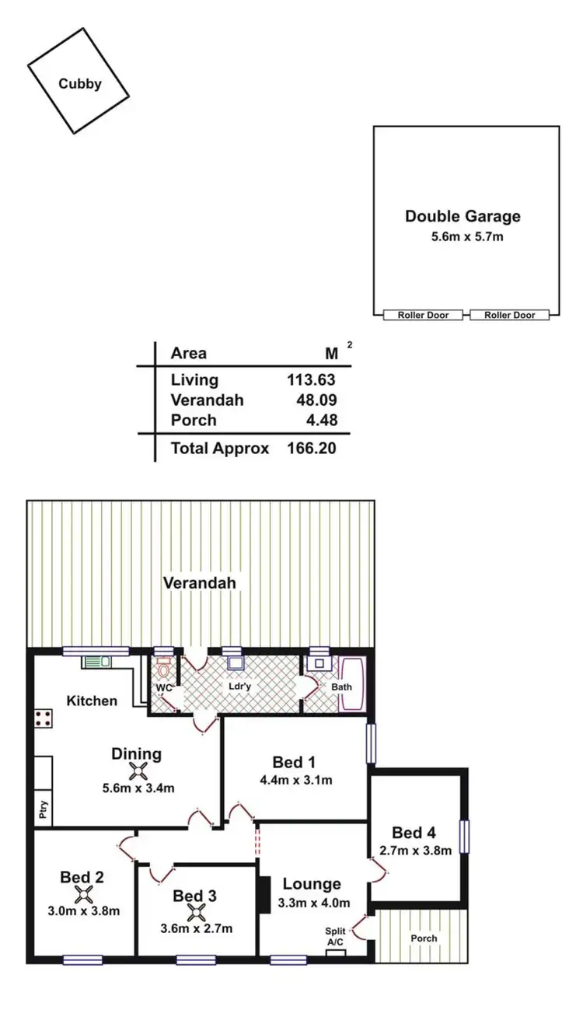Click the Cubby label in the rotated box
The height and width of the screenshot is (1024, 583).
click(79, 84)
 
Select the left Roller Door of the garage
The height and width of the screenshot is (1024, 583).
click(423, 315)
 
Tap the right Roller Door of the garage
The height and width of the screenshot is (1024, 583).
click(509, 315)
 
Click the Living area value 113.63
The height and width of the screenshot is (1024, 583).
click(311, 380)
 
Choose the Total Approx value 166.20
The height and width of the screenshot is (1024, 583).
click(311, 449)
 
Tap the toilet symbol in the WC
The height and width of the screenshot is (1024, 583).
click(163, 668)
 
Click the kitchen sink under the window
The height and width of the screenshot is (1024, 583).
click(97, 662)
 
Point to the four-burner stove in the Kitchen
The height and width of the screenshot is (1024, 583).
click(44, 718)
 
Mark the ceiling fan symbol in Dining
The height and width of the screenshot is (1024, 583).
click(138, 771)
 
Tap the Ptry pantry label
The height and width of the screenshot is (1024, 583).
click(44, 811)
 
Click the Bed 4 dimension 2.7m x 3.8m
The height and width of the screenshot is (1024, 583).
click(415, 851)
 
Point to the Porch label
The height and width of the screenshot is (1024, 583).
click(424, 938)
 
